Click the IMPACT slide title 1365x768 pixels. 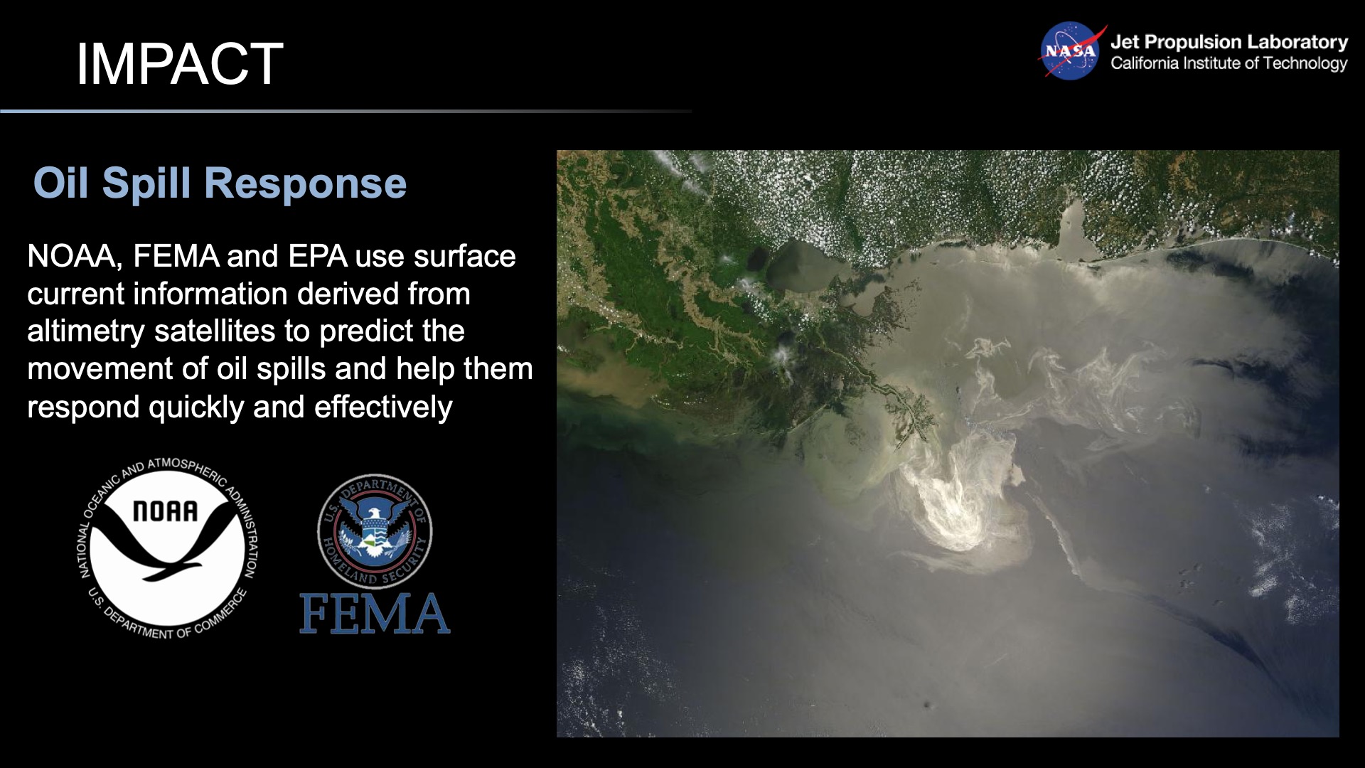[x=179, y=64]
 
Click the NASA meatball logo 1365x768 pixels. [x=1070, y=51]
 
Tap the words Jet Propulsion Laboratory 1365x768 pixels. [x=1228, y=42]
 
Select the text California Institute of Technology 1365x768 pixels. [x=1228, y=63]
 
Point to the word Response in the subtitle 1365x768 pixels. [x=305, y=183]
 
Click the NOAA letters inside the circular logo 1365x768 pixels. [x=166, y=511]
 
